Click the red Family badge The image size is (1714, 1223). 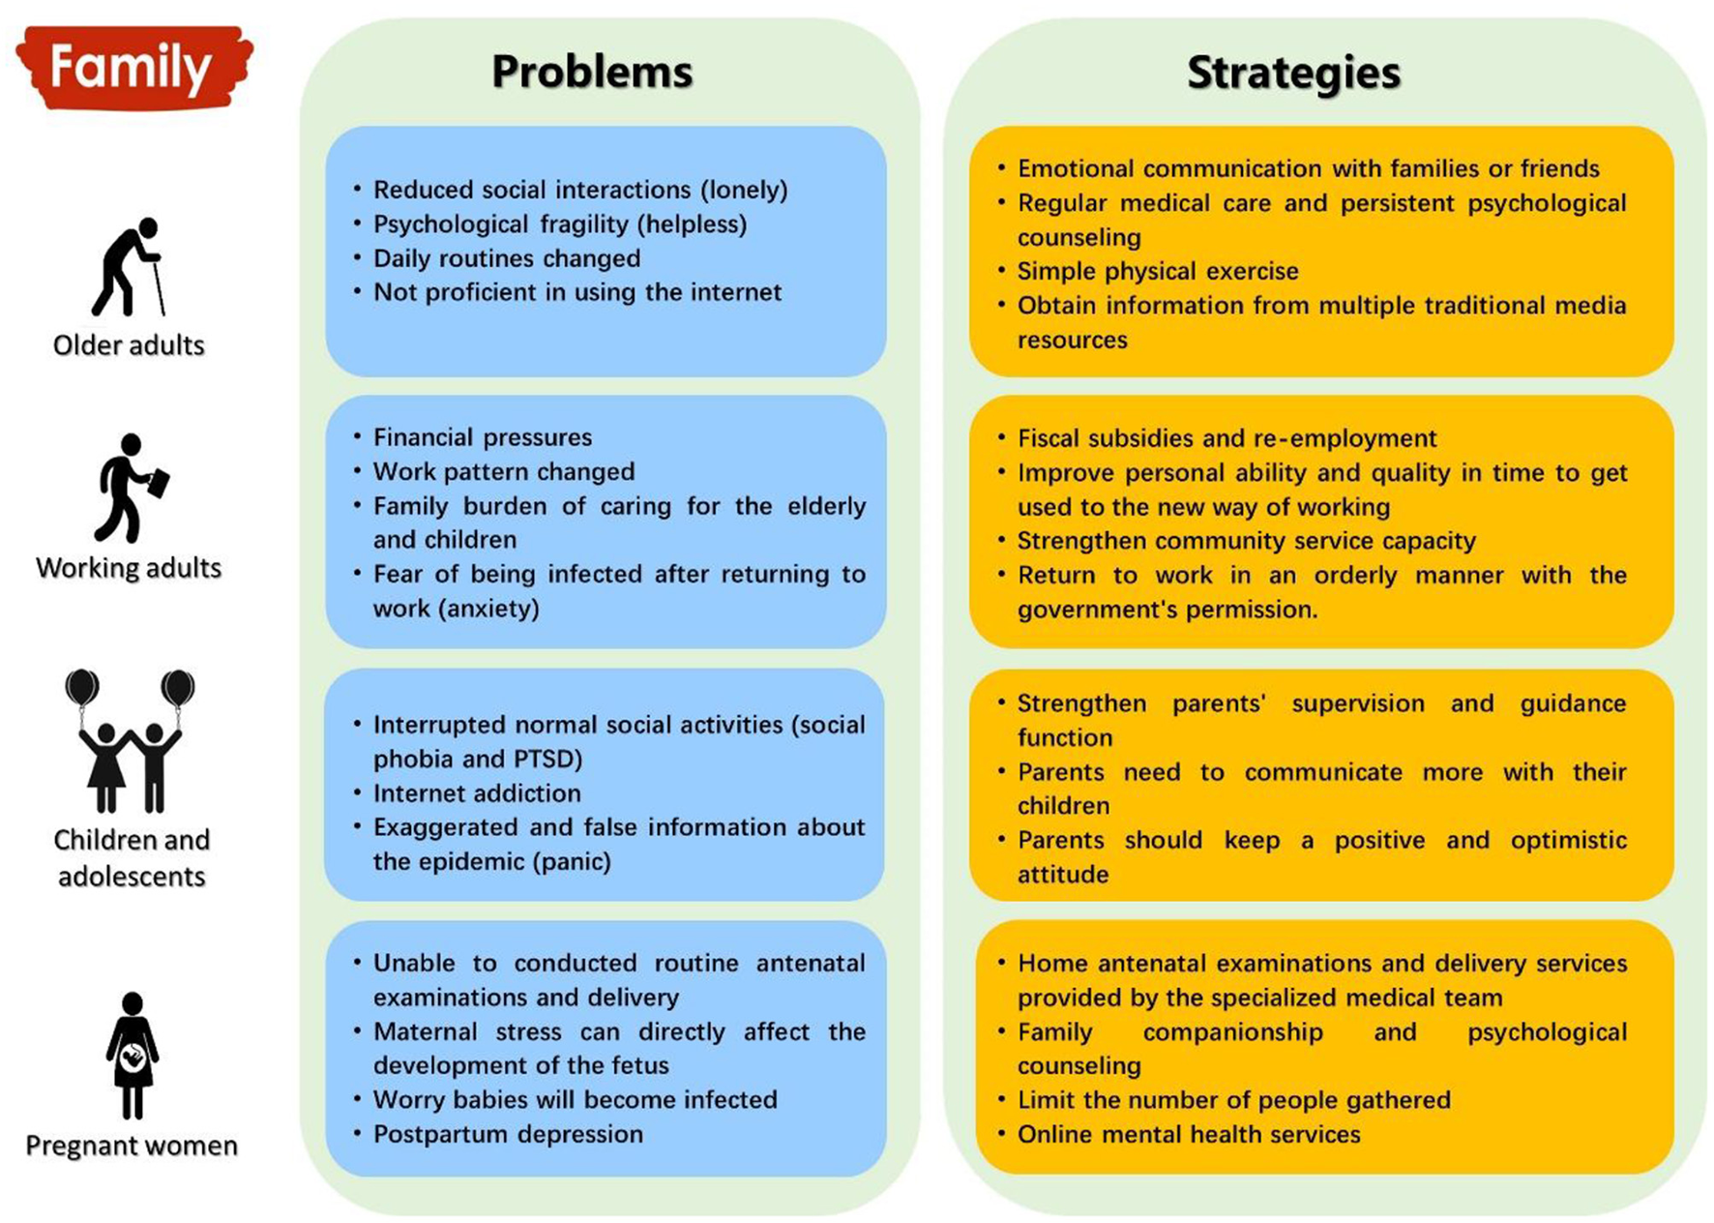133,68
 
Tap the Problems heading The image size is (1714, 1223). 592,72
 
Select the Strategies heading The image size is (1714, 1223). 1293,73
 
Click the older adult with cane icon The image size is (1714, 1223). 129,267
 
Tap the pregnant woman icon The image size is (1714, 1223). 133,1055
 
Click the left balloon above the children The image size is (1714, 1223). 82,688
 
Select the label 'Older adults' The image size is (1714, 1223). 129,345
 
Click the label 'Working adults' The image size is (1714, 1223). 129,567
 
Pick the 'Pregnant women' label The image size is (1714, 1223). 132,1146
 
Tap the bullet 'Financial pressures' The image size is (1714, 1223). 482,437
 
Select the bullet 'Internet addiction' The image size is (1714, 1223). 477,793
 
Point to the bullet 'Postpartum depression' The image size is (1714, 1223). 508,1134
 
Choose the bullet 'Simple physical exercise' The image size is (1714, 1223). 1157,271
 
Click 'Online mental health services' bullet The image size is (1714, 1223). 1188,1134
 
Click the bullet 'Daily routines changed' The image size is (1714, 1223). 507,258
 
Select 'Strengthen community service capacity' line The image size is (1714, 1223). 1246,541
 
